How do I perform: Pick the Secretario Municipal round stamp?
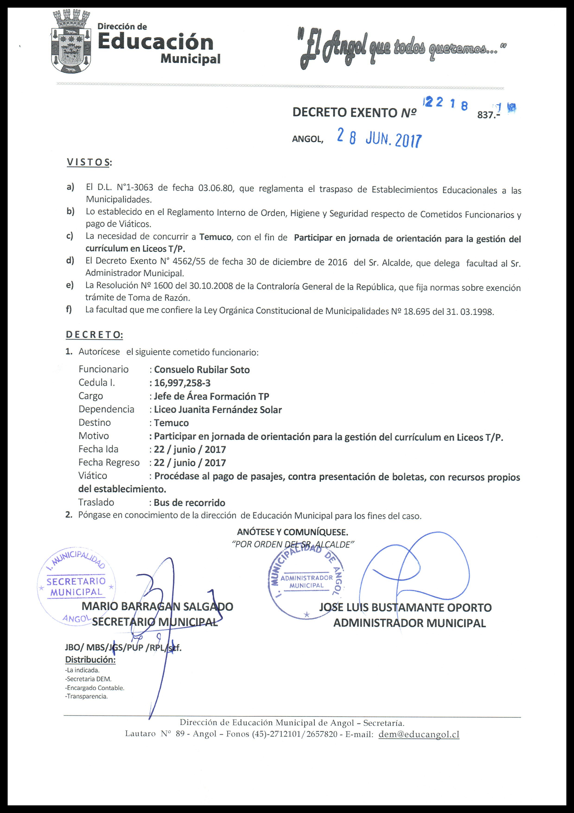pos(76,587)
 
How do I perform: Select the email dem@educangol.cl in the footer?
pos(419,734)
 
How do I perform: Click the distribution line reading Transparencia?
pos(86,696)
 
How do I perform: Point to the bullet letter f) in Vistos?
pos(69,309)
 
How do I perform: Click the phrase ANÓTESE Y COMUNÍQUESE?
pos(292,532)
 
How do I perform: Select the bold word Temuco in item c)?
pos(215,237)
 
